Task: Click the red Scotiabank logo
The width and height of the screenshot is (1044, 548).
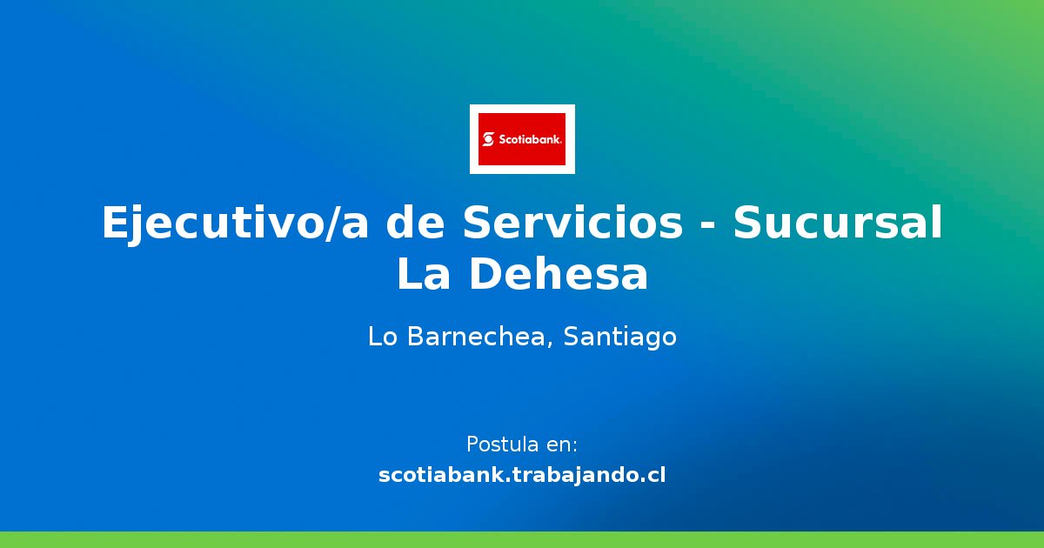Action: [x=522, y=139]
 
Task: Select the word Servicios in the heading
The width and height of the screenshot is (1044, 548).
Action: [x=572, y=224]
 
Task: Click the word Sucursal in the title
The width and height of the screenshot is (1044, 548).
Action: [x=837, y=224]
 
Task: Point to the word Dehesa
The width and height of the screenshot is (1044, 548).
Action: [x=559, y=275]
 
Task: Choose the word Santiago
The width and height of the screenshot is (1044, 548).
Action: [x=619, y=337]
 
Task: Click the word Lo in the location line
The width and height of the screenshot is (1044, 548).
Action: [x=381, y=337]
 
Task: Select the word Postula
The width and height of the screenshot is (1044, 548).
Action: [x=502, y=444]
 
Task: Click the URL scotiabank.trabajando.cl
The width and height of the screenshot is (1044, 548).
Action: [x=522, y=476]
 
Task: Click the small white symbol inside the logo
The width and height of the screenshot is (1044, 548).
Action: [x=488, y=139]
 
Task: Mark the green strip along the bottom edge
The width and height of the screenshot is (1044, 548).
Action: [x=522, y=539]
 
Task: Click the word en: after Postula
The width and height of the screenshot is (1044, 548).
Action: [x=561, y=444]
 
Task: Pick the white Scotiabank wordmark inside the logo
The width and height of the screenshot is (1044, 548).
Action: [x=530, y=139]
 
